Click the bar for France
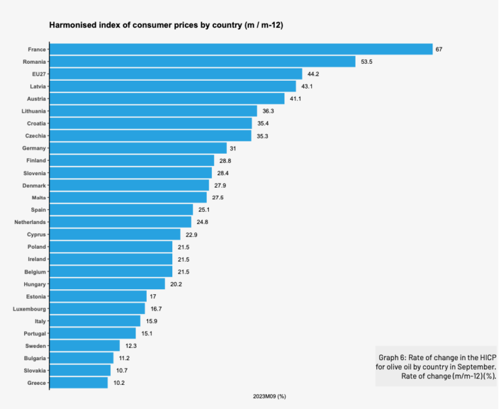tap(241, 49)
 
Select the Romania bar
tap(203, 62)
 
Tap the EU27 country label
tap(37, 74)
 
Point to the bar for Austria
tap(168, 99)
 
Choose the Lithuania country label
tap(33, 111)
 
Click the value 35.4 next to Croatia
tap(262, 123)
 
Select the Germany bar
tap(138, 148)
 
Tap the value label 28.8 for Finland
tap(225, 160)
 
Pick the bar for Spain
tap(121, 210)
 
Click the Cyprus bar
tap(115, 234)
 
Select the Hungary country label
tap(34, 284)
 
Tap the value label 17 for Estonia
tap(153, 296)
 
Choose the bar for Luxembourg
tap(97, 309)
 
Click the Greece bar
tap(79, 383)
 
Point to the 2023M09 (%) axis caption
tap(269, 397)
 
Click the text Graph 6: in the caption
tap(393, 358)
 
